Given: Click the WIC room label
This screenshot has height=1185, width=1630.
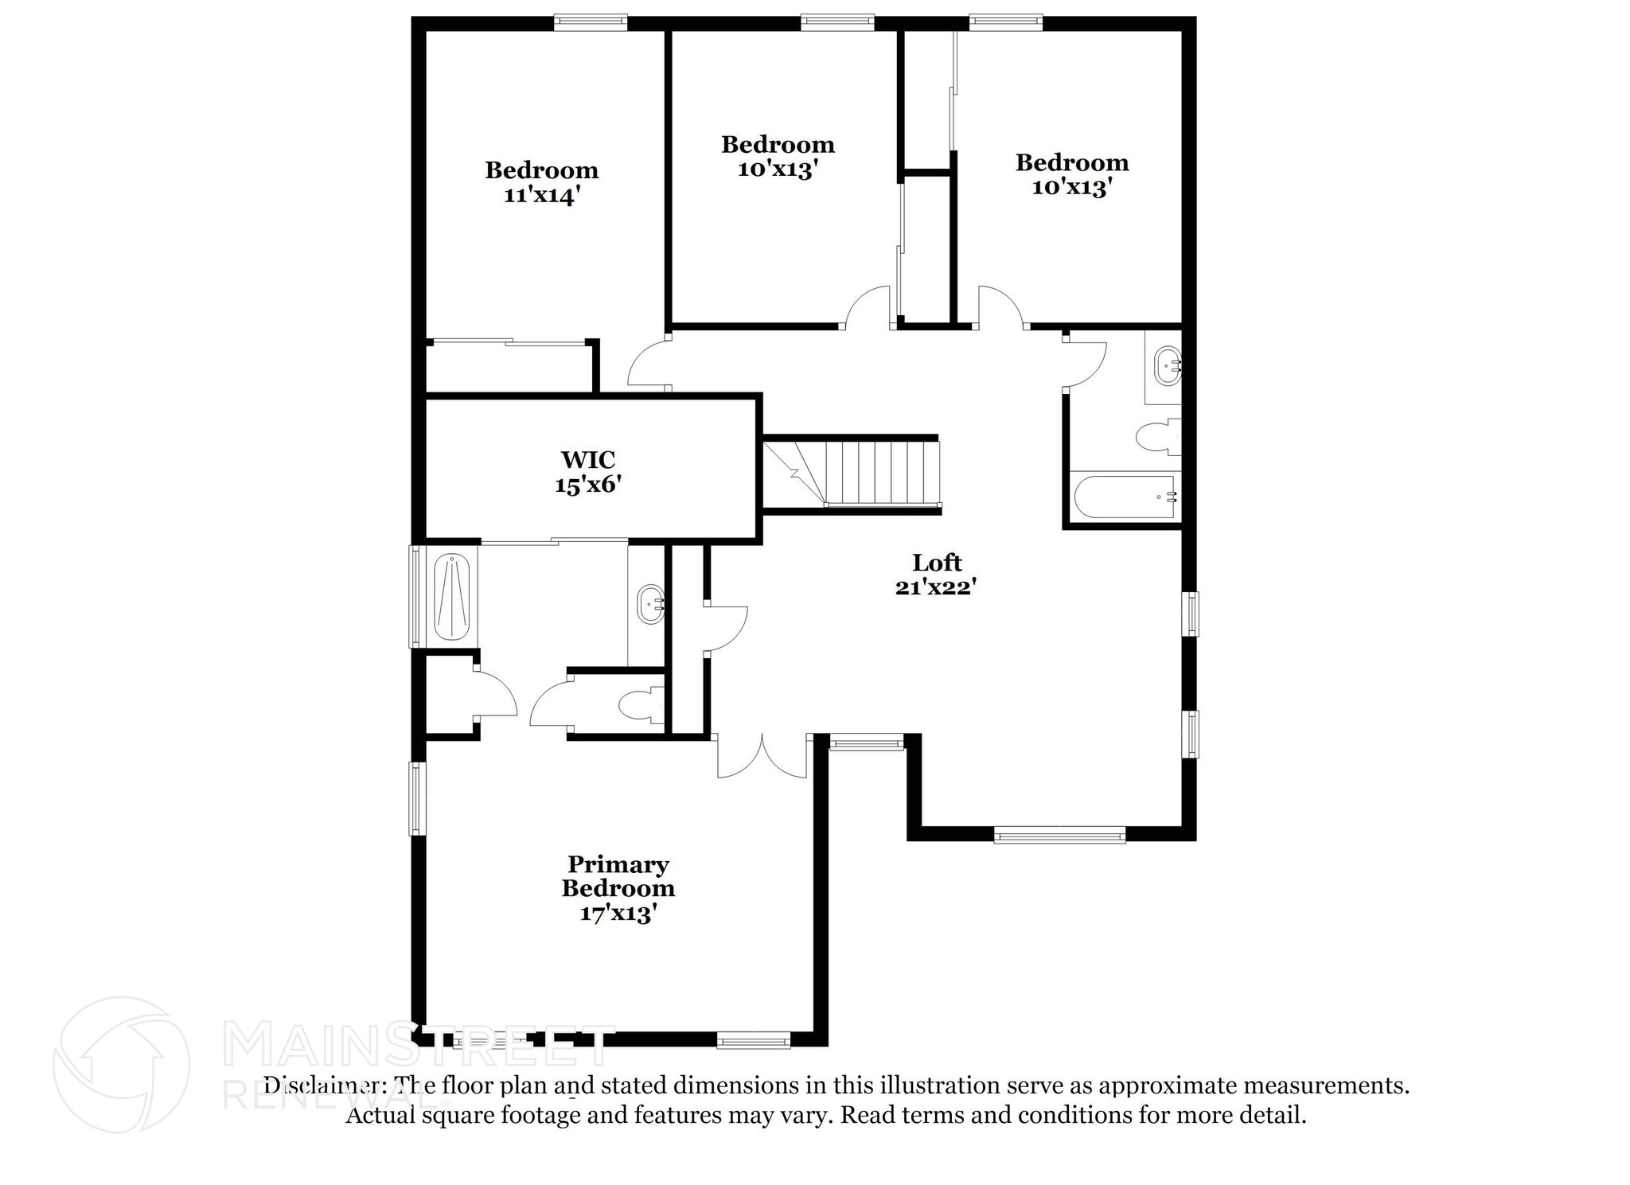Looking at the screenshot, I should coord(587,460).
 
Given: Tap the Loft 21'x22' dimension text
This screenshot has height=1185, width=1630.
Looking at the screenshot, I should coord(936,587).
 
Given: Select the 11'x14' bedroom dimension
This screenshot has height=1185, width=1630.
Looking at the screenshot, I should coord(541,195).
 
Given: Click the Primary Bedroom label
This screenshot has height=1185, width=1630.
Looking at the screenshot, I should coord(618,876).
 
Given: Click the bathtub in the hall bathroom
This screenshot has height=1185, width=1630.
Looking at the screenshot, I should coord(1125,497).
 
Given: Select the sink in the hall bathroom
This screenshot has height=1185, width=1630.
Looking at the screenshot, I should coord(1168,366).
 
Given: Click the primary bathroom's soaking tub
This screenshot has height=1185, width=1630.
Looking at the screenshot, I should coord(452,596).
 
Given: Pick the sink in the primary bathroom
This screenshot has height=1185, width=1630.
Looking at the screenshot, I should coord(651,604).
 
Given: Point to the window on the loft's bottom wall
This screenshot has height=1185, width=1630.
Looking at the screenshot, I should coord(1059,835).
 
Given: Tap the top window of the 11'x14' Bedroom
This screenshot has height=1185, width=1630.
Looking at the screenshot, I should coord(590,22).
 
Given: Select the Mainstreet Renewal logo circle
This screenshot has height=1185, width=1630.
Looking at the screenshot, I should coord(121,1065).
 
